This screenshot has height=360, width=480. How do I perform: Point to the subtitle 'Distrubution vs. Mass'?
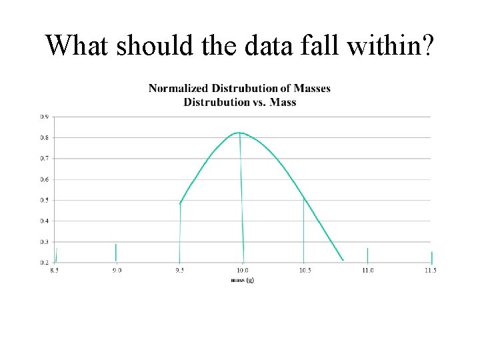(239, 102)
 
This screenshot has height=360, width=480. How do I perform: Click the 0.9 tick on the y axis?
(44, 117)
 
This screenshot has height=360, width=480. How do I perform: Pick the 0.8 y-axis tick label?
(44, 137)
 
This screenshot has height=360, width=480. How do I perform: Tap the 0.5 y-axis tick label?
(44, 200)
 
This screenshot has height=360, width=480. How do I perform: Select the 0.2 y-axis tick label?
(44, 263)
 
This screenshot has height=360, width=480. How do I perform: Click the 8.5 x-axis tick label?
(55, 270)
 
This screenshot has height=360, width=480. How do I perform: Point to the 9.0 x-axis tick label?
(117, 270)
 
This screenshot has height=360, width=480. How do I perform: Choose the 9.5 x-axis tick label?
(179, 270)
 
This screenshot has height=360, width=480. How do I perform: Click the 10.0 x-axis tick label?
(242, 270)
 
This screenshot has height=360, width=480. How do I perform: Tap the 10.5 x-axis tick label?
(305, 270)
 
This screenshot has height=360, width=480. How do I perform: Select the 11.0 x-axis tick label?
(367, 270)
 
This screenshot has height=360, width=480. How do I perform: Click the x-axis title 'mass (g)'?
(243, 280)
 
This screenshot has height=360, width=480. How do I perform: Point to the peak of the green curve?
(239, 133)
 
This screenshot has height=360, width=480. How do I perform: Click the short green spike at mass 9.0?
(116, 253)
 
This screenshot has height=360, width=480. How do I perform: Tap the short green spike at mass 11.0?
(367, 255)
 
